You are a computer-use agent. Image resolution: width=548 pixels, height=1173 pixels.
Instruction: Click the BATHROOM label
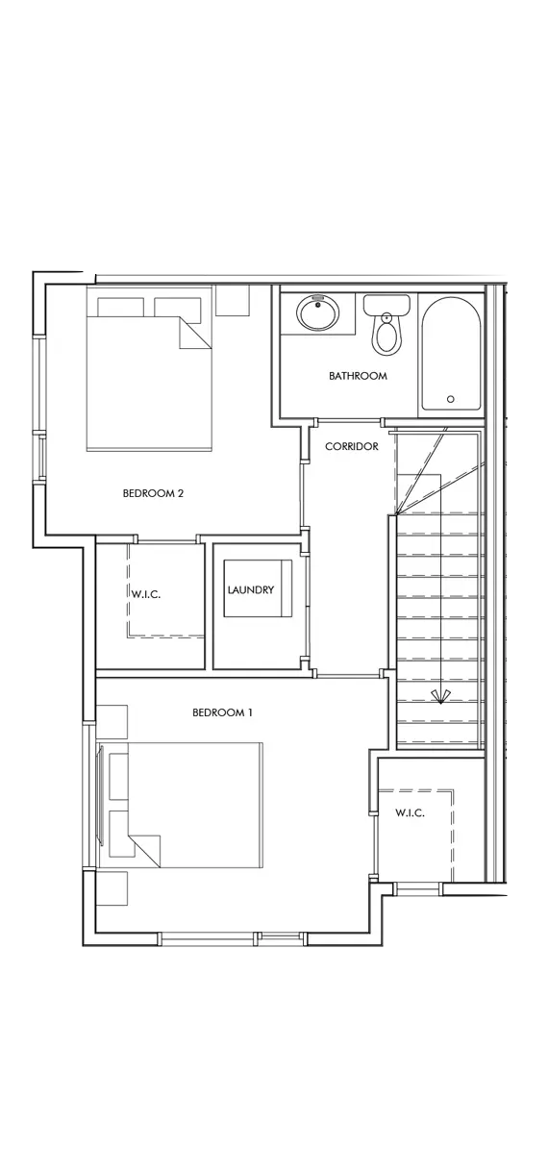358,376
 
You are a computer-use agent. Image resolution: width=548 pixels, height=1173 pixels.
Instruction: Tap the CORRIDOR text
351,446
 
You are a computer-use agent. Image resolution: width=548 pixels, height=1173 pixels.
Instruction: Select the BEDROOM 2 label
153,493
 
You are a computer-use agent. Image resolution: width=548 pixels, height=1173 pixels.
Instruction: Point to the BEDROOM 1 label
222,712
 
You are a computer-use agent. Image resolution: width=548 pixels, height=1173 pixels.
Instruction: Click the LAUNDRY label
251,589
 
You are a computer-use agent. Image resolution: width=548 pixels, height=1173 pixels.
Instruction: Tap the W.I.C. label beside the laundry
146,594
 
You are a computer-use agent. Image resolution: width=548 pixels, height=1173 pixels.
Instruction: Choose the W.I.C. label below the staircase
410,812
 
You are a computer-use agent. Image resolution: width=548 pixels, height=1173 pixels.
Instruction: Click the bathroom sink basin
317,313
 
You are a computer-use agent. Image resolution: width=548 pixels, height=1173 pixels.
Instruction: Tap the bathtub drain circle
450,399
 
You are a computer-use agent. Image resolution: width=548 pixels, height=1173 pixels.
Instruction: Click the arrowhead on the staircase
440,696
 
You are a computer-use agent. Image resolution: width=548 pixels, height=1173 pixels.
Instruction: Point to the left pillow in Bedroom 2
121,308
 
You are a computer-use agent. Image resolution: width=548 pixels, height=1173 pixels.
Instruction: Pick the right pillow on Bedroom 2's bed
178,308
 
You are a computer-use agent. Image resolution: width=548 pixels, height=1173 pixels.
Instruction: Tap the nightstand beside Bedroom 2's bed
233,300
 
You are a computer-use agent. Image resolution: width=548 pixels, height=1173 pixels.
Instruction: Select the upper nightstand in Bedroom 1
112,722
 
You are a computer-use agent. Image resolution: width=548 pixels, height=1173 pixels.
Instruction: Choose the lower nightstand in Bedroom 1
112,888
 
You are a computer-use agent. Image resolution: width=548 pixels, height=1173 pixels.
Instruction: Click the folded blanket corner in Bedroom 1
145,852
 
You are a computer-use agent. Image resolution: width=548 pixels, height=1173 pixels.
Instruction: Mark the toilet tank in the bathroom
386,305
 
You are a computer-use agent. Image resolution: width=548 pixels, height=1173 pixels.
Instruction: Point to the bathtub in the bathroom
451,354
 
